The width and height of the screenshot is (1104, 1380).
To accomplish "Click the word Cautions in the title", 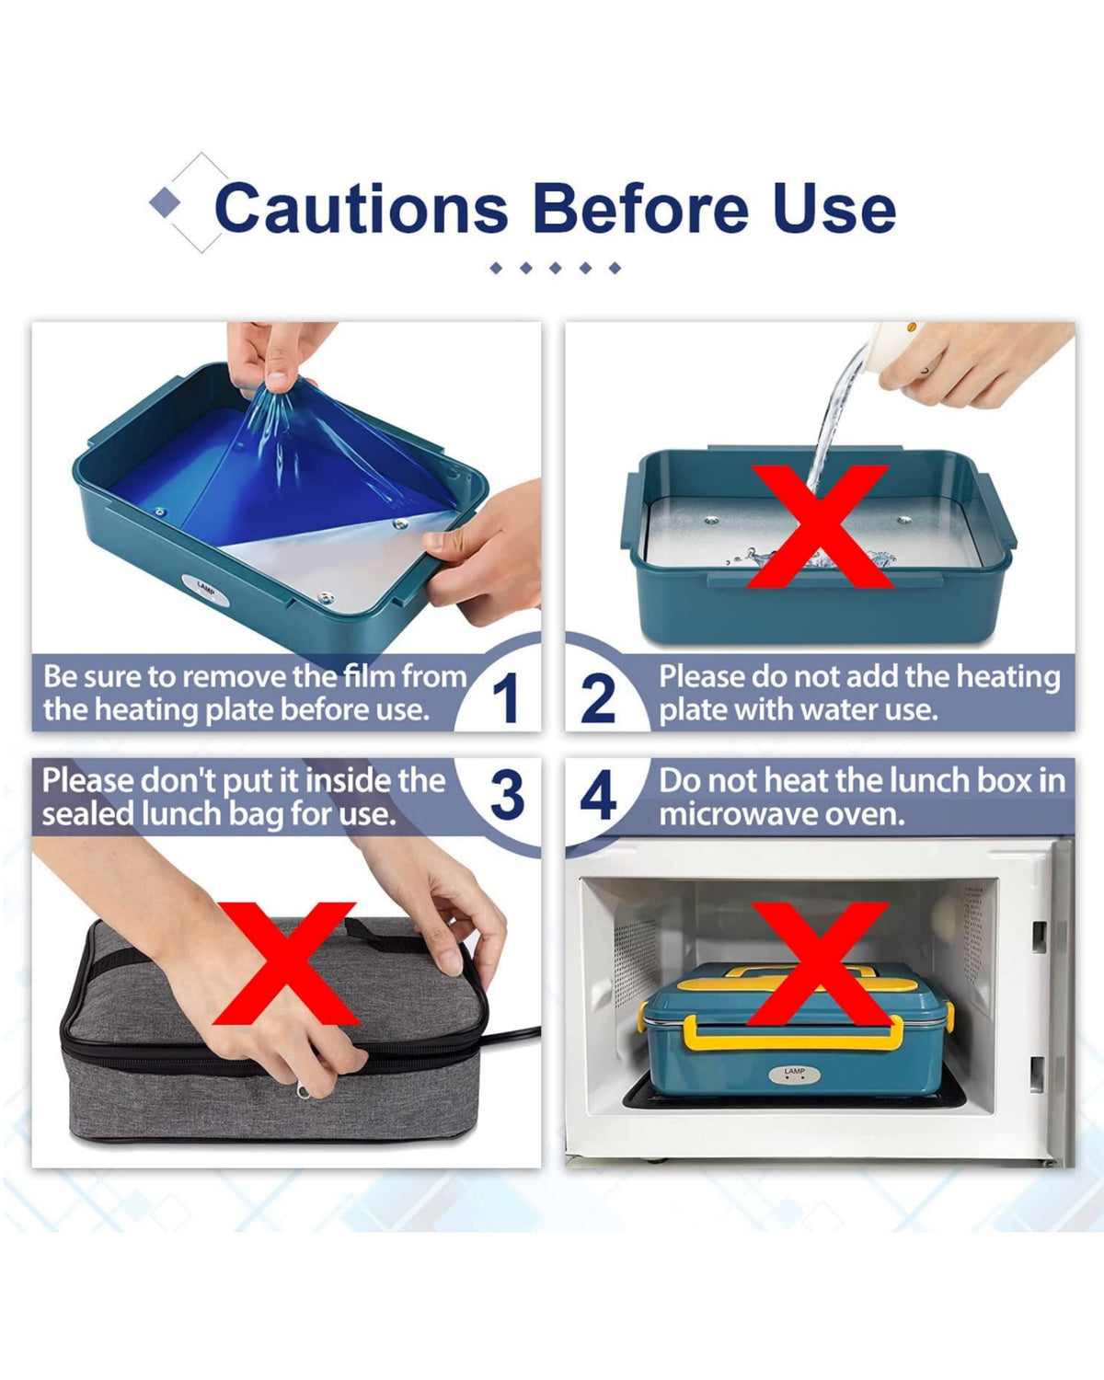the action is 362,208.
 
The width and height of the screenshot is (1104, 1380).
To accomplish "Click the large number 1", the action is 506,699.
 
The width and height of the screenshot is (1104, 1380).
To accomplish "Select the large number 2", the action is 598,699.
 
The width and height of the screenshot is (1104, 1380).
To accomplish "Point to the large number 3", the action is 507,796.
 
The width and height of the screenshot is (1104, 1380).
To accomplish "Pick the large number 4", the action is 598,796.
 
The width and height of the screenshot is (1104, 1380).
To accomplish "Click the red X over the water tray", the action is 819,526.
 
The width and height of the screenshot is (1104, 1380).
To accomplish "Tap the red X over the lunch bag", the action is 285,963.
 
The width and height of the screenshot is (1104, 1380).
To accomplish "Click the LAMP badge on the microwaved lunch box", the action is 794,1075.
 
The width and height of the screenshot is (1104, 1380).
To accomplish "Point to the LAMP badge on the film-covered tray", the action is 205,590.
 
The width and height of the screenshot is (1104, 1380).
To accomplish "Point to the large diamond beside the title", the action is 166,202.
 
